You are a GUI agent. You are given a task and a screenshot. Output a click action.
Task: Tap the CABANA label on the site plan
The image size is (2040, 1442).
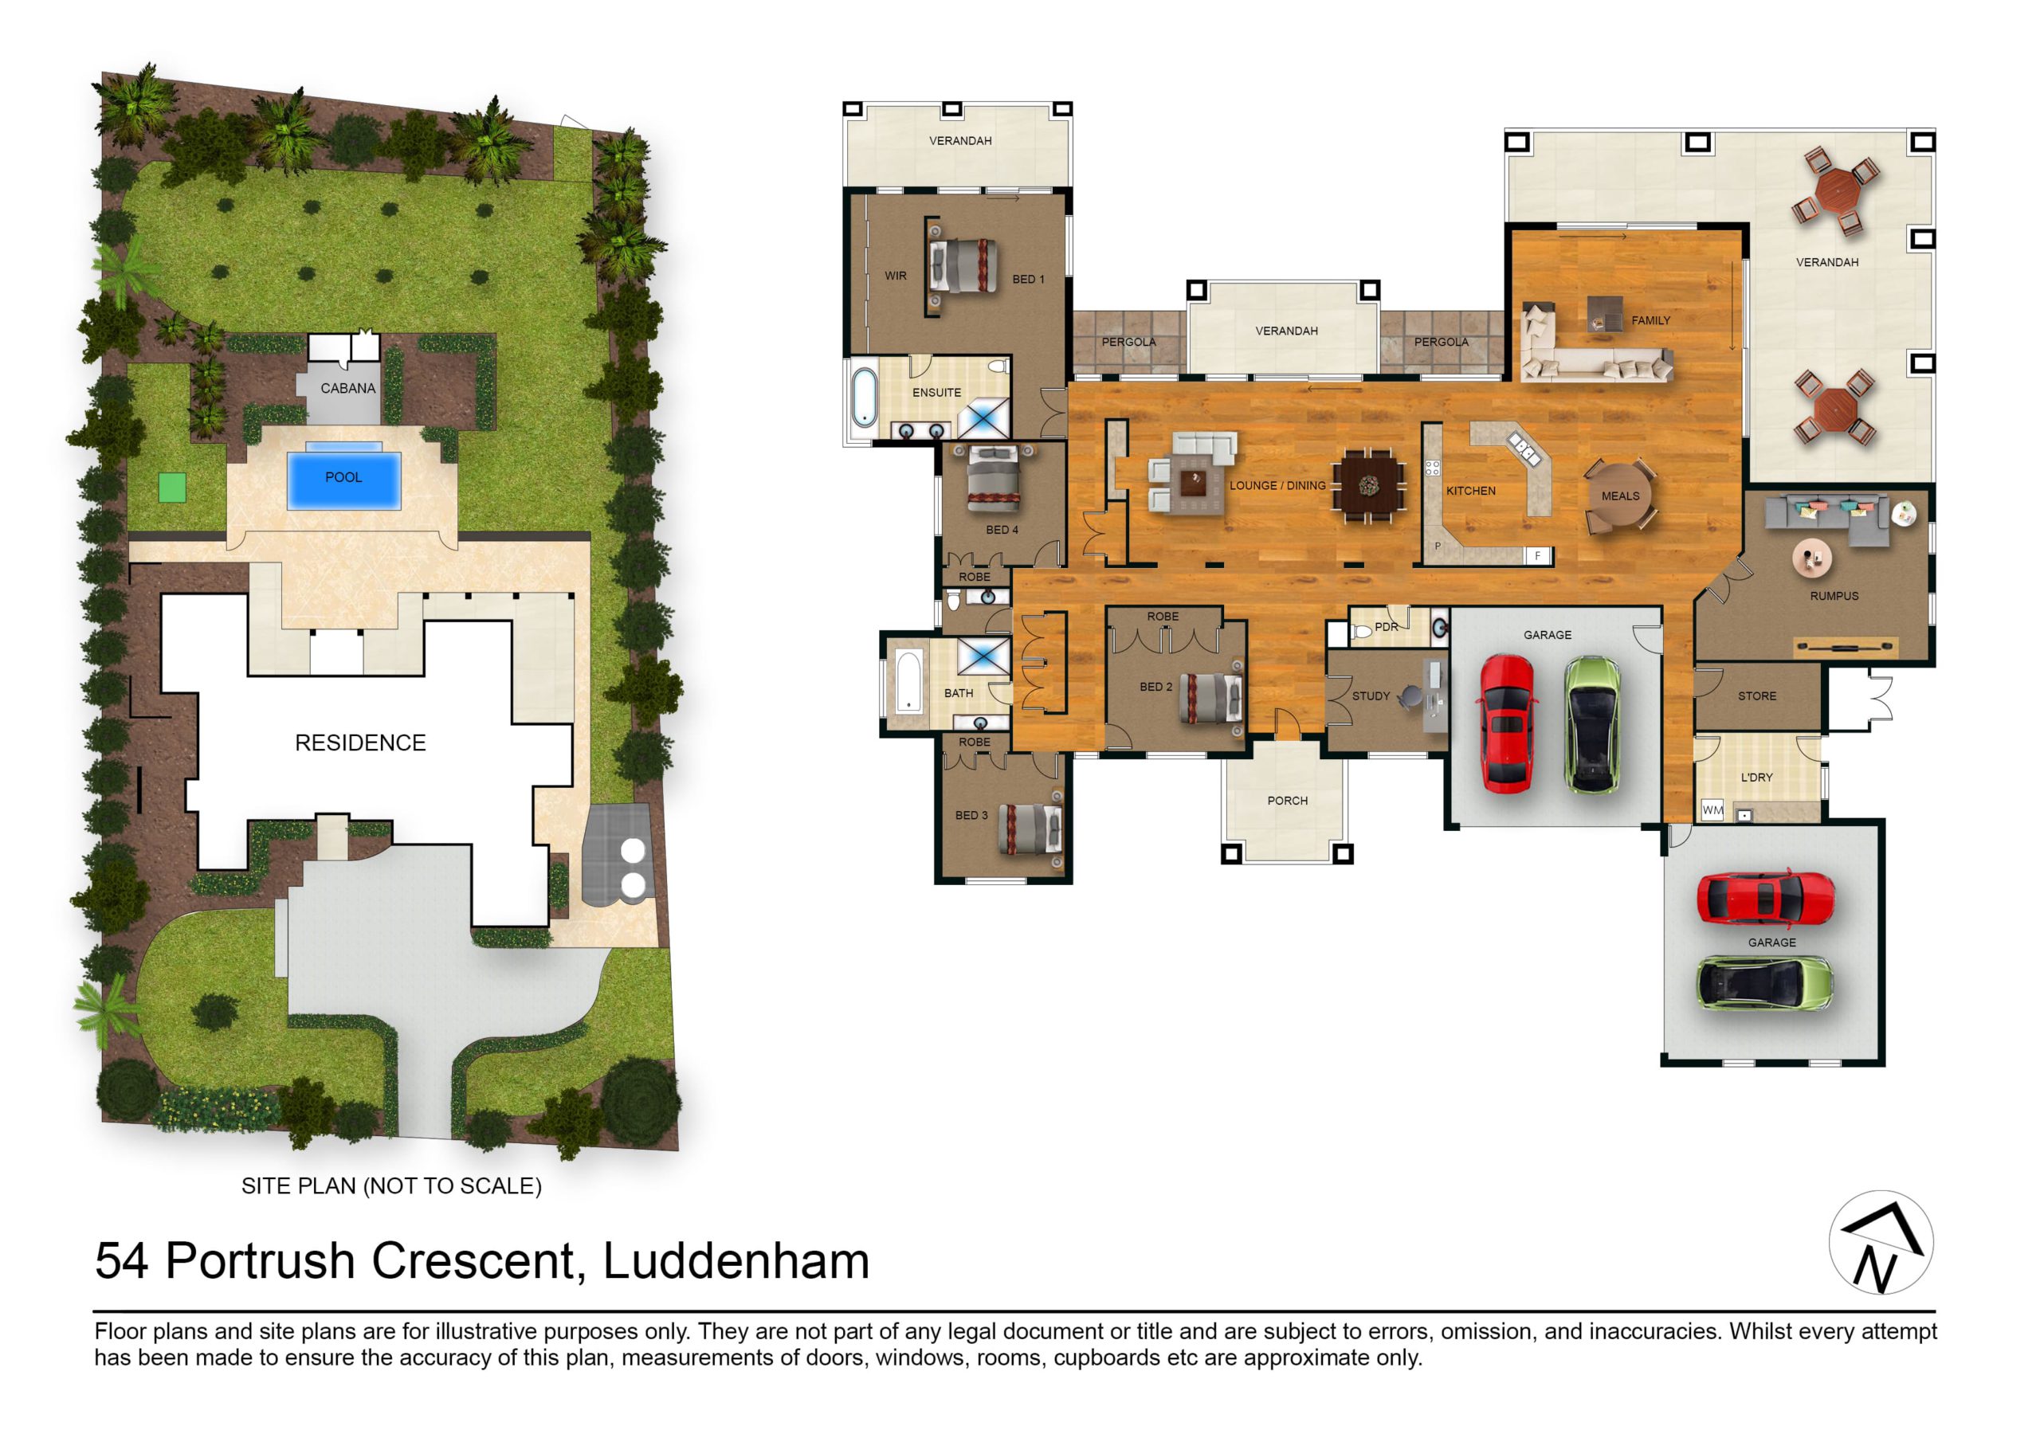(x=347, y=388)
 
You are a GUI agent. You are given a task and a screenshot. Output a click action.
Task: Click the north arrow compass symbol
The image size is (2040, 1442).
(x=1881, y=1243)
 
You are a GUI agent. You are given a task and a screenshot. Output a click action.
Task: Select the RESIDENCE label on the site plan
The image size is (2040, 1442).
(x=360, y=743)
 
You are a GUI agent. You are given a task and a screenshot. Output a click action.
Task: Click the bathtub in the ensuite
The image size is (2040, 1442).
(x=864, y=398)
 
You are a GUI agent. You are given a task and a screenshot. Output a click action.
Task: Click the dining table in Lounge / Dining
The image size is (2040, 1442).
(x=1368, y=485)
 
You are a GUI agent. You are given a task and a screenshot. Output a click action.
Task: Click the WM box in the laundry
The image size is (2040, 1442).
(x=1712, y=809)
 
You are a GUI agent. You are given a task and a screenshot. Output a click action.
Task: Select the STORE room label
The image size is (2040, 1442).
(x=1756, y=696)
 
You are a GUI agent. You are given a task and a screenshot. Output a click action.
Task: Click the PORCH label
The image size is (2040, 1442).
(x=1288, y=801)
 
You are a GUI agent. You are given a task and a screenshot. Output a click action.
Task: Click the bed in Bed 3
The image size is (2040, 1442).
(x=1030, y=829)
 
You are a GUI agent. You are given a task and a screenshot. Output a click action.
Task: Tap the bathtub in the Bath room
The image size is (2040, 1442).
(x=907, y=681)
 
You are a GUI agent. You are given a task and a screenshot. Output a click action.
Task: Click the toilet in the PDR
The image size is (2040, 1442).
(x=1360, y=633)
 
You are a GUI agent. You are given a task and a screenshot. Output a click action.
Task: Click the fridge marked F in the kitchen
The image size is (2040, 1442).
(x=1538, y=556)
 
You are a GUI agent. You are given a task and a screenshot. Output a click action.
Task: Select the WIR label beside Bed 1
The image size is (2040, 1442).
(x=896, y=276)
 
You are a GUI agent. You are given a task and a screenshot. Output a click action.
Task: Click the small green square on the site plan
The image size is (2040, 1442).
(x=172, y=488)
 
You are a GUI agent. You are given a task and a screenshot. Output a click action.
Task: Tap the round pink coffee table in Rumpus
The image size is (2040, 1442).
(x=1811, y=558)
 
